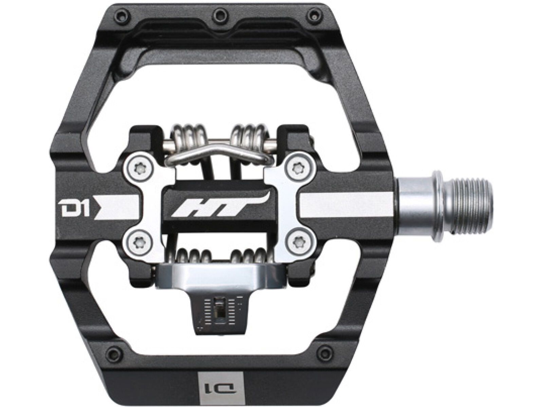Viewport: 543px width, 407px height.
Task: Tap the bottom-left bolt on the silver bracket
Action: pos(139,241)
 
